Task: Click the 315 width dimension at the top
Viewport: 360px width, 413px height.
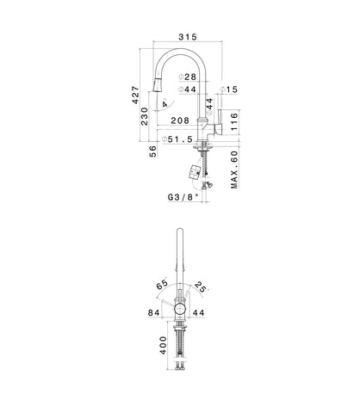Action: pos(188,37)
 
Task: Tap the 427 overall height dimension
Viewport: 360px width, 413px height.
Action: pos(135,95)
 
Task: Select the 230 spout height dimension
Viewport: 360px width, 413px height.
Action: pos(145,116)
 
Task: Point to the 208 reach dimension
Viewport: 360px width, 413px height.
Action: pos(180,120)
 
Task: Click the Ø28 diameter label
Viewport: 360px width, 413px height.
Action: pos(187,77)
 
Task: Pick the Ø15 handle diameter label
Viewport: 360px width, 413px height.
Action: pos(229,89)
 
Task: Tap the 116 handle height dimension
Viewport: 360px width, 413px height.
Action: pos(234,121)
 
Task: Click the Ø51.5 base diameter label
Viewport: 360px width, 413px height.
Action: pos(177,139)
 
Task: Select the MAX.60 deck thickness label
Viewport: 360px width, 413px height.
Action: pos(234,170)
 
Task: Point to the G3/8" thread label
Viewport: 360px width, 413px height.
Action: pos(183,197)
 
